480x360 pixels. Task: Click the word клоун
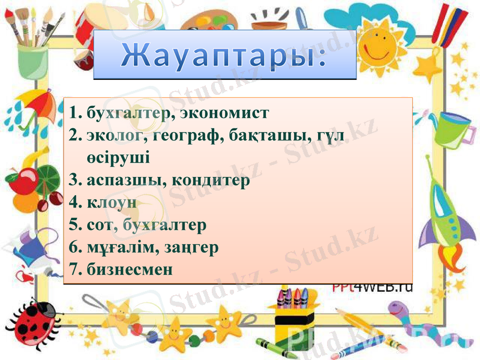click(112, 202)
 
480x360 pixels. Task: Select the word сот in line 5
click(98, 225)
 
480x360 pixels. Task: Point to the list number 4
click(74, 202)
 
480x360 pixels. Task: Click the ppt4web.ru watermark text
click(373, 287)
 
